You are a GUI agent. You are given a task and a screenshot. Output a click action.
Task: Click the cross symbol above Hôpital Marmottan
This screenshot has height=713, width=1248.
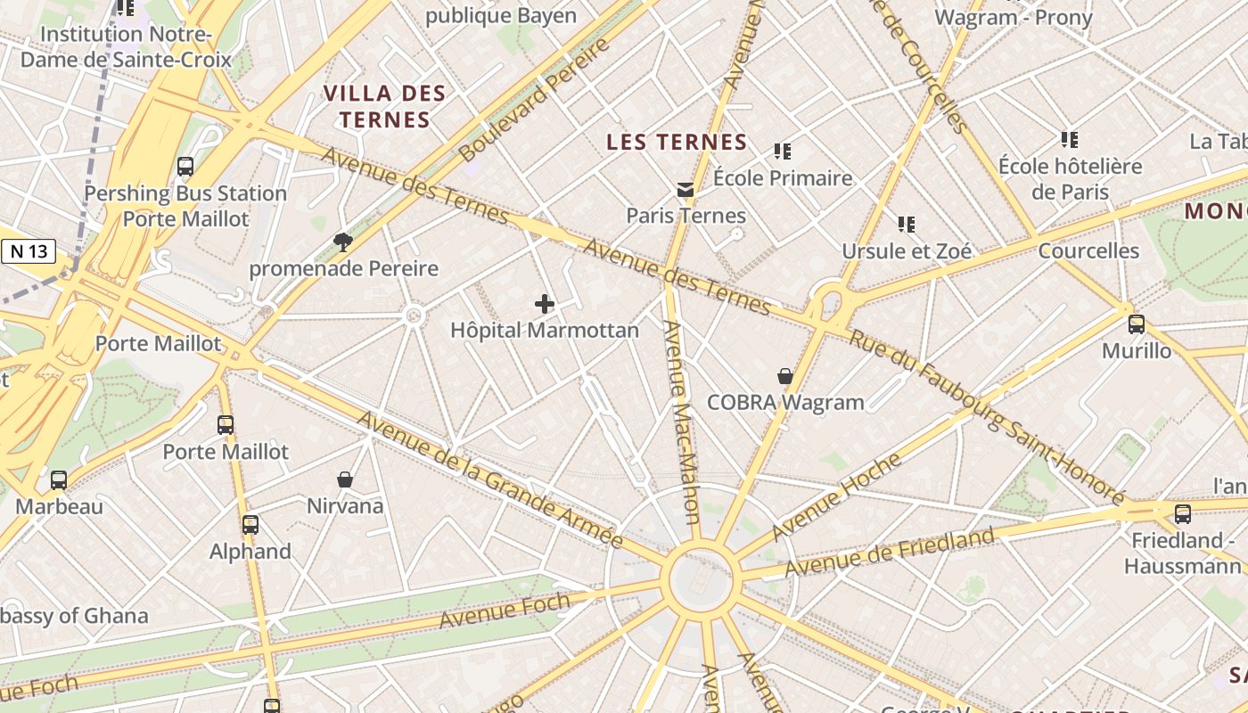[544, 304]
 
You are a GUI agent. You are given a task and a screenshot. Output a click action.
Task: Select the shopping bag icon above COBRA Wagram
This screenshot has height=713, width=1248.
[785, 376]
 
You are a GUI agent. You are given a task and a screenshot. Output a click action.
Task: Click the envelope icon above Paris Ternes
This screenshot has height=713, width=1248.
[686, 189]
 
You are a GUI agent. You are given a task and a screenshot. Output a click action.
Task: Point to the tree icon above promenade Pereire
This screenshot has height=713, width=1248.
[342, 242]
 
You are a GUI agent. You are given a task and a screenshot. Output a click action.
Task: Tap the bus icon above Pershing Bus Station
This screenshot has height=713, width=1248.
[185, 167]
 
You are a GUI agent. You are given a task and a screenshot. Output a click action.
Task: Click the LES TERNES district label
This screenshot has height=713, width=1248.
[677, 142]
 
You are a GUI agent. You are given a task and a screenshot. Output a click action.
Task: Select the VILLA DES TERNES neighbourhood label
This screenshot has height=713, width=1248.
[384, 106]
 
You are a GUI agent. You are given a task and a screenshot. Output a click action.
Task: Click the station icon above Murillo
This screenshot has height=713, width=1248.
[1137, 324]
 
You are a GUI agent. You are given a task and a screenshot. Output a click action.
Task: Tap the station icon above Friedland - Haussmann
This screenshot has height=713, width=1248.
[1182, 514]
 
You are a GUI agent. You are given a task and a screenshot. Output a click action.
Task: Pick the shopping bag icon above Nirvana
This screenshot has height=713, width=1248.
[345, 479]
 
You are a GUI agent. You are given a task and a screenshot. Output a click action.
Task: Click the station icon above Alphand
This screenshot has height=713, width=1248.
[250, 525]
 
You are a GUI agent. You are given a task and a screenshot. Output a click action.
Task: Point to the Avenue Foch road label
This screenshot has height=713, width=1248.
[505, 610]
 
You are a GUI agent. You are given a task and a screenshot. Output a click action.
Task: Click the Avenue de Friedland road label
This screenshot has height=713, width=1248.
[889, 552]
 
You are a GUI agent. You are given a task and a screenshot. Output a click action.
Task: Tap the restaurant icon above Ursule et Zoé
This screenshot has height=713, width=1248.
[907, 225]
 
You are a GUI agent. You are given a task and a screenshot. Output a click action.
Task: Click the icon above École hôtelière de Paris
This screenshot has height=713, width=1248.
[1070, 139]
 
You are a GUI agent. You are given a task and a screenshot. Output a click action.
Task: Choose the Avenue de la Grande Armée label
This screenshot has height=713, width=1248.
[489, 479]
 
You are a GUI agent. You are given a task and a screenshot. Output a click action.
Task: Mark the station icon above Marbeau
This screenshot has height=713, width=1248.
[59, 480]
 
